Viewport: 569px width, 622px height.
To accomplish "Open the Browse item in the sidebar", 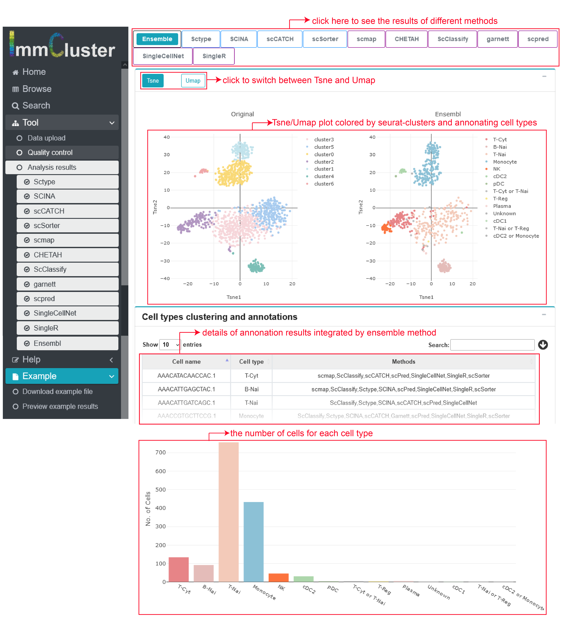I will point(37,89).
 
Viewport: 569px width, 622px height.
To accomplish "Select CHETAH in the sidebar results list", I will point(48,255).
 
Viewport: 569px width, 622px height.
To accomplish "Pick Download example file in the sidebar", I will point(57,392).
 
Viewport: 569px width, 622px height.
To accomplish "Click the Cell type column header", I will point(251,362).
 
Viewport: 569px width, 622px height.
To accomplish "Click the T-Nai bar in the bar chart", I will point(229,512).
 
